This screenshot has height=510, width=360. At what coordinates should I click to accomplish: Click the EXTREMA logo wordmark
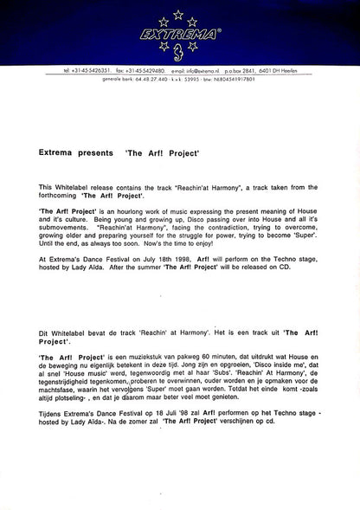click(179, 36)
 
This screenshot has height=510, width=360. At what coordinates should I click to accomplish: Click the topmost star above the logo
click(179, 13)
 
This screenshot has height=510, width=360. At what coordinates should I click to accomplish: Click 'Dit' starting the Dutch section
click(44, 332)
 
